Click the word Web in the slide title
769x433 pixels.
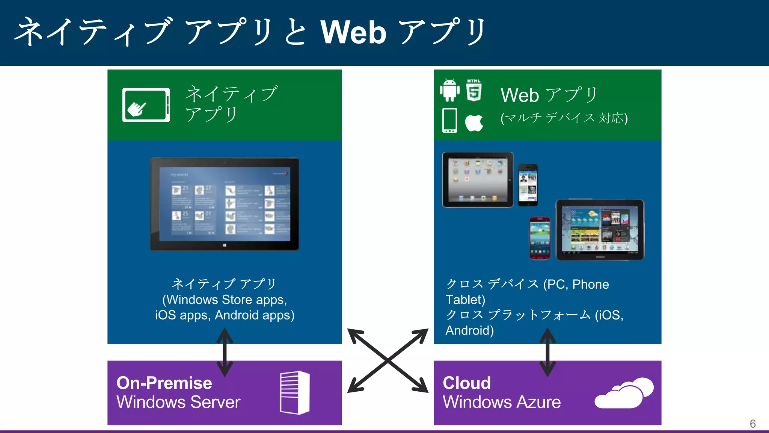[x=353, y=32]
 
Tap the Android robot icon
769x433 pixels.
[x=449, y=90]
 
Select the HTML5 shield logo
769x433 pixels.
[x=474, y=91]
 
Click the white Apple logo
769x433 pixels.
[x=474, y=123]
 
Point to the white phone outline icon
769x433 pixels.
[x=449, y=120]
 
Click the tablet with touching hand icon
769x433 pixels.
[x=146, y=105]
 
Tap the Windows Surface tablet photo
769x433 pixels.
[x=225, y=204]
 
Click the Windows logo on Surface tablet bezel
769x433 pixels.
[x=225, y=245]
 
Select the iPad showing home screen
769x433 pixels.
[x=478, y=180]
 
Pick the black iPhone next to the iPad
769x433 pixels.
[x=528, y=185]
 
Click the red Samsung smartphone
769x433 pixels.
[x=540, y=238]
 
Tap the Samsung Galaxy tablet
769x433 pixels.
[x=600, y=230]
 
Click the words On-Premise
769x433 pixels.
[x=164, y=383]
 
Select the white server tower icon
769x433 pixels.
[x=295, y=393]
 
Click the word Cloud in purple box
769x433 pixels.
[x=467, y=383]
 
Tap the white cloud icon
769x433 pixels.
[x=624, y=393]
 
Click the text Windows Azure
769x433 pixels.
[x=502, y=402]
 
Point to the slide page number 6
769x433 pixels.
[x=752, y=424]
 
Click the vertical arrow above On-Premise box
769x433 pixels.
[x=225, y=352]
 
